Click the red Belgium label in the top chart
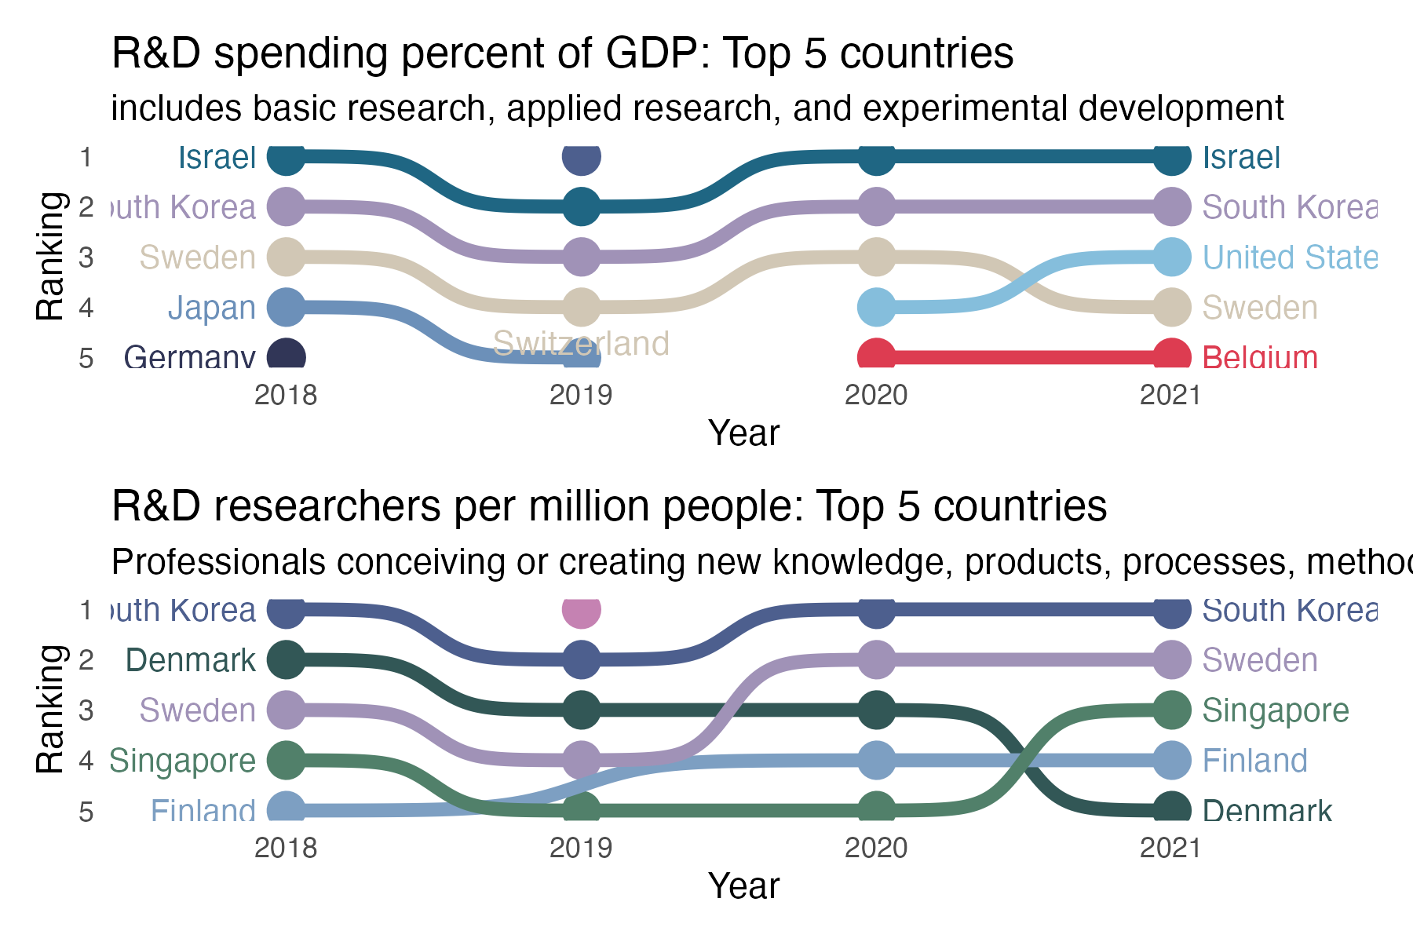pyautogui.click(x=1260, y=358)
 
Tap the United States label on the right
pyautogui.click(x=1290, y=257)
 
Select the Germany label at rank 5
pyautogui.click(x=189, y=358)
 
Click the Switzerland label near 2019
pyautogui.click(x=581, y=344)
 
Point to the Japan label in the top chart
pyautogui.click(x=212, y=308)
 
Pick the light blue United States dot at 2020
pyautogui.click(x=876, y=307)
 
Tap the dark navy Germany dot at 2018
pyautogui.click(x=286, y=356)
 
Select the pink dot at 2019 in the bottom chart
pyautogui.click(x=581, y=610)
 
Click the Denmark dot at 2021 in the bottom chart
pyautogui.click(x=1171, y=810)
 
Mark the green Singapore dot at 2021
pyautogui.click(x=1171, y=710)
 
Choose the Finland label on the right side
pyautogui.click(x=1254, y=761)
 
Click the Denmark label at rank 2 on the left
pyautogui.click(x=191, y=660)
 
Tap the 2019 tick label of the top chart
pyautogui.click(x=581, y=395)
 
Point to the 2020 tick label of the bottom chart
pyautogui.click(x=876, y=848)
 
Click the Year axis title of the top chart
pyautogui.click(x=743, y=433)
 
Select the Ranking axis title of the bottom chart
pyautogui.click(x=50, y=709)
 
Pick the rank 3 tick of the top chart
pyautogui.click(x=86, y=257)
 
